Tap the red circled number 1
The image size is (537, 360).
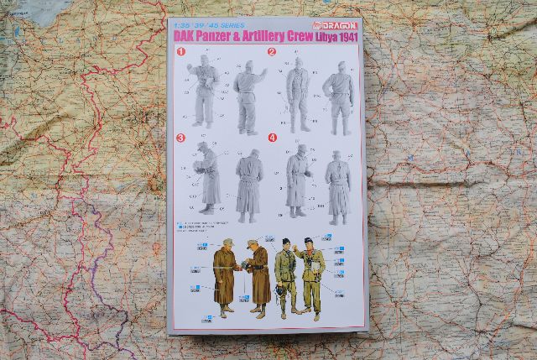(x=180, y=52)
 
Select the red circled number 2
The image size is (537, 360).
(x=272, y=52)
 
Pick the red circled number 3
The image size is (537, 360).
(x=180, y=137)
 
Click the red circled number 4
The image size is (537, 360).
(x=272, y=137)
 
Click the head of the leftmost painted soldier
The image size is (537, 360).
(x=227, y=244)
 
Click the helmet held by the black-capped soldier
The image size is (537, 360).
(x=279, y=291)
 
